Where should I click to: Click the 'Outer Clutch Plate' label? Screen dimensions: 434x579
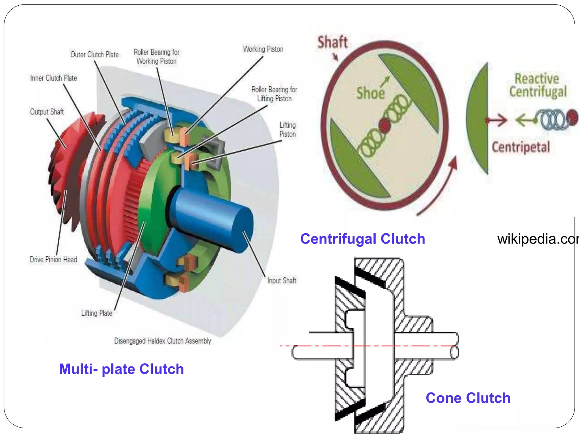point(94,55)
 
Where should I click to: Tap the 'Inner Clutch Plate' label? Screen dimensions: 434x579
point(53,78)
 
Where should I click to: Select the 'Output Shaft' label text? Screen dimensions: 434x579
point(47,112)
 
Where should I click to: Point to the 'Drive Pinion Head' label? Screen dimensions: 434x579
point(53,259)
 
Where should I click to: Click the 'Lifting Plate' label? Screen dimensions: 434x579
point(97,313)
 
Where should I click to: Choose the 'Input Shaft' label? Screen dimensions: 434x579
point(282,281)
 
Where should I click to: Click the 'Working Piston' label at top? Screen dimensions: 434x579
point(263,49)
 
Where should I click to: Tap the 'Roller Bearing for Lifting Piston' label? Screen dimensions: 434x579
point(274,94)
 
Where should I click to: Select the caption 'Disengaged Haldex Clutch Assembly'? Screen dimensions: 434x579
point(163,341)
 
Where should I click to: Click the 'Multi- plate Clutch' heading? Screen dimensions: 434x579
point(121,369)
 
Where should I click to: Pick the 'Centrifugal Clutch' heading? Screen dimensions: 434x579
point(362,239)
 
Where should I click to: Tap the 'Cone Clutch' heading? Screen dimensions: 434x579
point(468,398)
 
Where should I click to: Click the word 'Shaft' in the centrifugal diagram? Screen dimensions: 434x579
point(332,42)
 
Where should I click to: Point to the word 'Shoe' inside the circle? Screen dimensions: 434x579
point(370,93)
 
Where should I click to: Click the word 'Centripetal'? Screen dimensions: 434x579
point(521,147)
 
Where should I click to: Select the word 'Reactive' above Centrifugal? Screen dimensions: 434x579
point(537,79)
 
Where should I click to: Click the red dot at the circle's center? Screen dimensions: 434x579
point(384,125)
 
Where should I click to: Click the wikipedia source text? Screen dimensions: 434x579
point(537,239)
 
